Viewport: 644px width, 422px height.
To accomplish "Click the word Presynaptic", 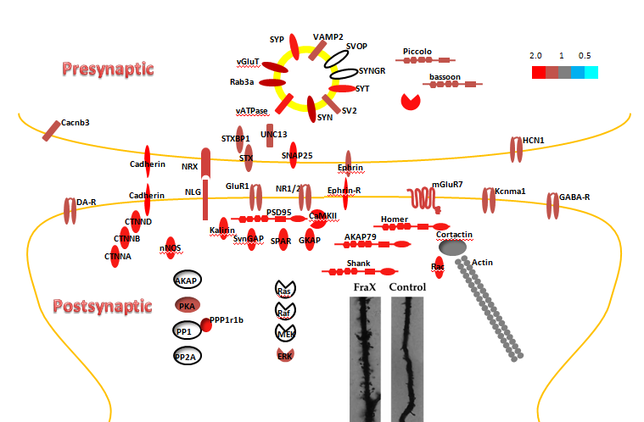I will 108,69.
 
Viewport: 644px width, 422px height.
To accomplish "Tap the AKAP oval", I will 187,280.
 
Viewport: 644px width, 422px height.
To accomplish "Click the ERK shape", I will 285,355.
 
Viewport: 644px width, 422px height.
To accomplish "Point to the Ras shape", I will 285,292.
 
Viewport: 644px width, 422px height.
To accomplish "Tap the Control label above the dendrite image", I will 406,287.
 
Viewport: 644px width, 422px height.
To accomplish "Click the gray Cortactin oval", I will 452,247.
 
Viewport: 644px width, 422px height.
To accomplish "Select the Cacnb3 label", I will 76,122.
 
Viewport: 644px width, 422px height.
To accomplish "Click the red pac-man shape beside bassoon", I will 411,101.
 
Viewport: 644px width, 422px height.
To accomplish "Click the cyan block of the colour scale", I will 591,72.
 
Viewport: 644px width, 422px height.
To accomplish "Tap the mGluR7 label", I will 448,184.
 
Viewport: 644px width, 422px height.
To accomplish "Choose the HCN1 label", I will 534,139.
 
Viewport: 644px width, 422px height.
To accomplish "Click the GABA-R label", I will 574,197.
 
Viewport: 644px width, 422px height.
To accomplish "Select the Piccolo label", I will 417,51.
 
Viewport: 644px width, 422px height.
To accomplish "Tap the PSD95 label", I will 278,212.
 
